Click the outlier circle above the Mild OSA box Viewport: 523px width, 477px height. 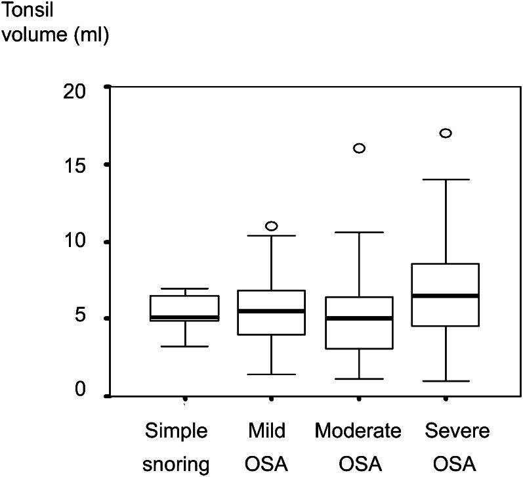pos(271,226)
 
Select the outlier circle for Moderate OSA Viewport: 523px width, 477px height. pos(359,148)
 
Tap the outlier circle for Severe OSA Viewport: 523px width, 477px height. pos(446,133)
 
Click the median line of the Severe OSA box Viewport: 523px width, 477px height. pos(446,296)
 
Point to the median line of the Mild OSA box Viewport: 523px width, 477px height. pos(271,311)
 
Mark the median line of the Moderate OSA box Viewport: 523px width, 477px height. pos(359,318)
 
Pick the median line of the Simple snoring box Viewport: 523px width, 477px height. pos(184,317)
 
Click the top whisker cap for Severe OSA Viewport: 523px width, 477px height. pos(446,179)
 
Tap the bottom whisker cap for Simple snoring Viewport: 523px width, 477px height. pos(184,346)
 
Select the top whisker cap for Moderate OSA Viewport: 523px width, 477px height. pos(359,232)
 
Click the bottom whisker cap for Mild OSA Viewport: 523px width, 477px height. pos(271,375)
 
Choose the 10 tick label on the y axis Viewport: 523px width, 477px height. pos(77,242)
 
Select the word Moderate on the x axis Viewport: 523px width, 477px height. pos(358,431)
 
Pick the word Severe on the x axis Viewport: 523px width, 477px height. pos(448,431)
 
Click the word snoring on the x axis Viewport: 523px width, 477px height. pos(177,465)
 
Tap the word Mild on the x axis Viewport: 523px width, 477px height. pos(268,431)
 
